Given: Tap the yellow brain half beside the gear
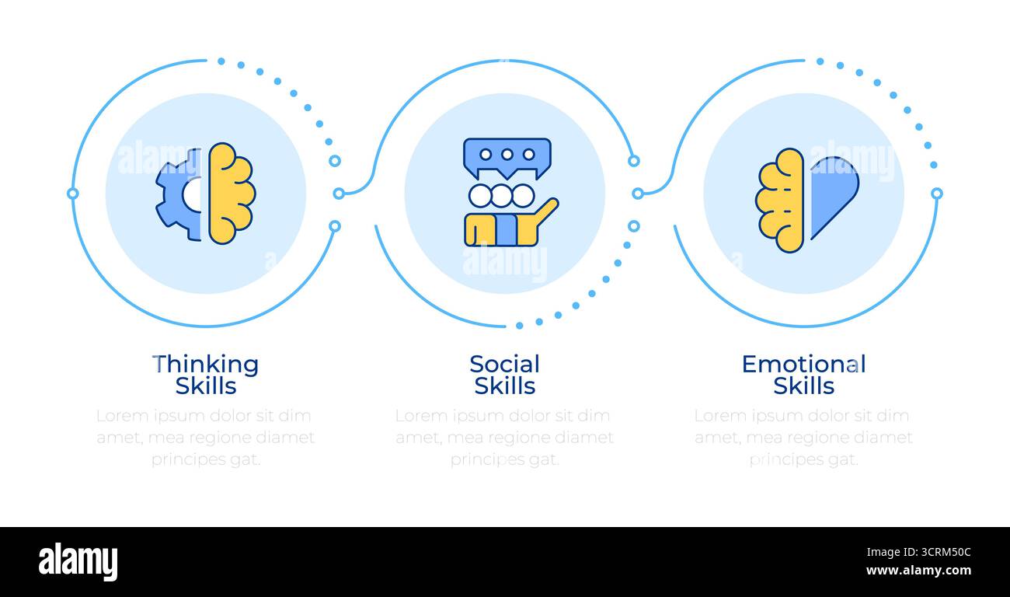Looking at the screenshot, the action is [x=232, y=194].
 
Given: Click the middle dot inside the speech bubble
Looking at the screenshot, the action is [x=507, y=155].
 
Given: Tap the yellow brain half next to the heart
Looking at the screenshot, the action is [x=779, y=201].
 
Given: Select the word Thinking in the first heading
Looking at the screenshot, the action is [x=206, y=364].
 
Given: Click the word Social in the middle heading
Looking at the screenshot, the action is [x=504, y=364].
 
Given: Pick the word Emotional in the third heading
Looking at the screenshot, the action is [x=804, y=364].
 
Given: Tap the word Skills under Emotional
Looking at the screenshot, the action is [x=804, y=386].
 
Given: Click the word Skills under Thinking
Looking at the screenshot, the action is [x=206, y=386].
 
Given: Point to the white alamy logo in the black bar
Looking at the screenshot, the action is [x=78, y=561].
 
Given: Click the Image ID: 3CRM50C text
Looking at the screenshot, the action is [x=918, y=553].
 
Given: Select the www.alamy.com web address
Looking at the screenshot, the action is [x=918, y=571].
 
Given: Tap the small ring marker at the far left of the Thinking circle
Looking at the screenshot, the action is [x=72, y=194].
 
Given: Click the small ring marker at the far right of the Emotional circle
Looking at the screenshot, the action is [x=937, y=194].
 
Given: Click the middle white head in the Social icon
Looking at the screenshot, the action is [x=501, y=196].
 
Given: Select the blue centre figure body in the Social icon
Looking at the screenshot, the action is [x=507, y=229].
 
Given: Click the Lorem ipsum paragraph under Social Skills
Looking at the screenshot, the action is [x=504, y=438].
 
